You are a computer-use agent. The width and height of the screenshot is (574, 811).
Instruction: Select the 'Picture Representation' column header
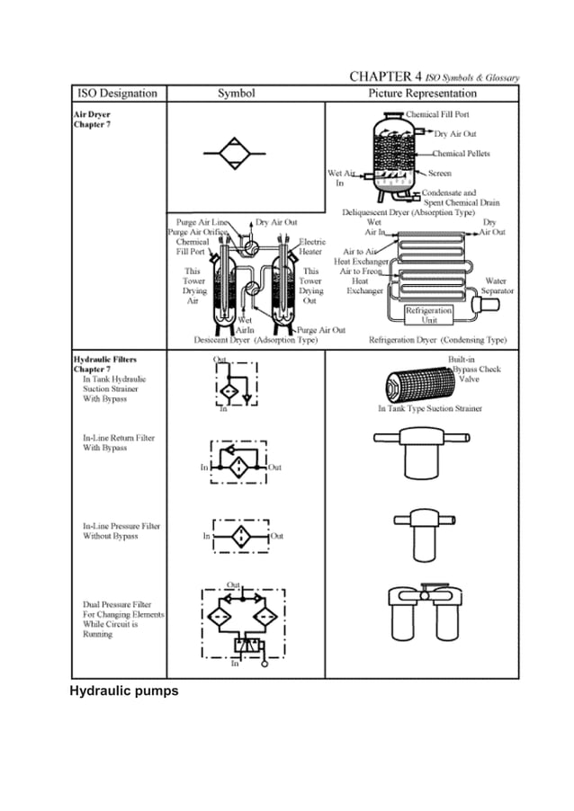(x=423, y=94)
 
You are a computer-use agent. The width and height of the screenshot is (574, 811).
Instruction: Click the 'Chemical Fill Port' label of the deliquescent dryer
(x=437, y=115)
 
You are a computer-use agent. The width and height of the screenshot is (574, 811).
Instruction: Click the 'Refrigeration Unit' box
(x=429, y=315)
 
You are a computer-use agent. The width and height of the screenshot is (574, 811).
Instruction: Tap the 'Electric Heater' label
(x=311, y=246)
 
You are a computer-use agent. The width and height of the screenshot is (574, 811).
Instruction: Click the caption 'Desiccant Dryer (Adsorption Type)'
(x=256, y=341)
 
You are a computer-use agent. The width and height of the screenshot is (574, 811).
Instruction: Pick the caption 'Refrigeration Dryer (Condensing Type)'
(x=438, y=341)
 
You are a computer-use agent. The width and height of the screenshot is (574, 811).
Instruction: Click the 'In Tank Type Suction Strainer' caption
(x=429, y=408)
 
